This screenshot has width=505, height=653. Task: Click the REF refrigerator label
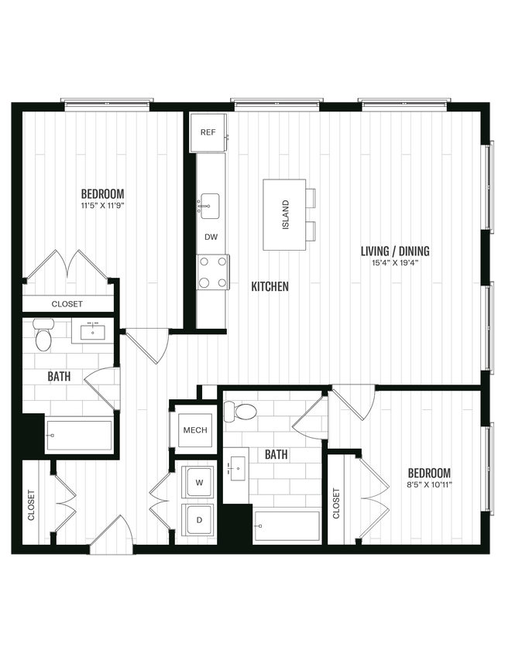pyautogui.click(x=208, y=132)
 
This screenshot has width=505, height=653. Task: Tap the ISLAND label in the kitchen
pyautogui.click(x=285, y=214)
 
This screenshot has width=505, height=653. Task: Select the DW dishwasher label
pyautogui.click(x=210, y=238)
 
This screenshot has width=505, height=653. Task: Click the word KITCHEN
pyautogui.click(x=270, y=286)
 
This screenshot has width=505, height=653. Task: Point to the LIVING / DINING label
pyautogui.click(x=395, y=251)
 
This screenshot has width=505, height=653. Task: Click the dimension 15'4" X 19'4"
pyautogui.click(x=395, y=263)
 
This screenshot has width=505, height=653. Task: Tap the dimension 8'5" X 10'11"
pyautogui.click(x=428, y=485)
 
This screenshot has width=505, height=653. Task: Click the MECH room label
pyautogui.click(x=194, y=430)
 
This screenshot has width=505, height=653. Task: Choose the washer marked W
pyautogui.click(x=199, y=483)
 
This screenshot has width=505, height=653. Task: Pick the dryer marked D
pyautogui.click(x=199, y=520)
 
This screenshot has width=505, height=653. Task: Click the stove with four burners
pyautogui.click(x=213, y=272)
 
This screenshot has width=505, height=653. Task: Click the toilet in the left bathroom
pyautogui.click(x=43, y=338)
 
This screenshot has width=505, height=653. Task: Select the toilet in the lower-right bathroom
pyautogui.click(x=245, y=412)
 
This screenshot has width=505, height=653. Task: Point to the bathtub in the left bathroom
pyautogui.click(x=79, y=436)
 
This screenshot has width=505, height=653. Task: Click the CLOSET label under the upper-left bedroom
pyautogui.click(x=67, y=304)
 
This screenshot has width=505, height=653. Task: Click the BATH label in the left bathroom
pyautogui.click(x=57, y=377)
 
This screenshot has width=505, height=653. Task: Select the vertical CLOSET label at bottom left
pyautogui.click(x=32, y=504)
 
